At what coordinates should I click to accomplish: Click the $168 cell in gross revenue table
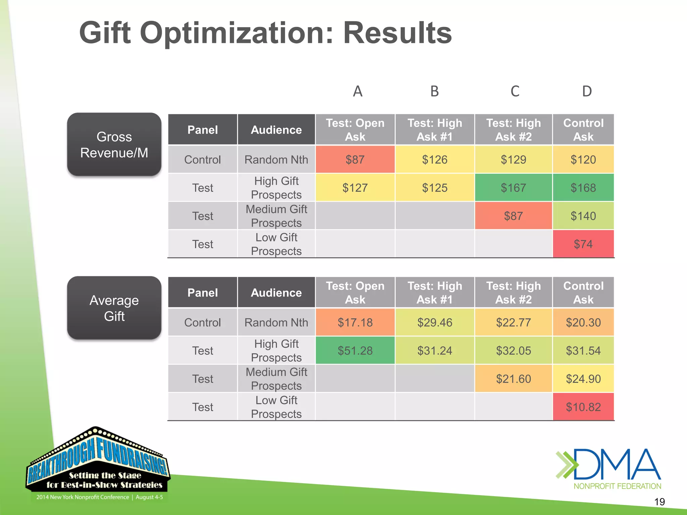[x=583, y=188]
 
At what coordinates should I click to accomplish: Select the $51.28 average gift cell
[x=355, y=351]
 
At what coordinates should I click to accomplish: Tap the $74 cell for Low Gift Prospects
[x=583, y=244]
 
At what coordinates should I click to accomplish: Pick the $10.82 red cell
[x=583, y=407]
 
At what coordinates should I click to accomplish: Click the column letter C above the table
[x=515, y=91]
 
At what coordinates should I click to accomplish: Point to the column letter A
[x=358, y=91]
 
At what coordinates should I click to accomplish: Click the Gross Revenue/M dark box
[x=114, y=145]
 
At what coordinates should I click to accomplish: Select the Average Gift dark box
[x=114, y=308]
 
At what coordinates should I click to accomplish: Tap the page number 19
[x=659, y=502]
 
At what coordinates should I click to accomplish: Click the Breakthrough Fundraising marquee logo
[x=98, y=464]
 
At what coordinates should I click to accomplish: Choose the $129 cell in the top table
[x=513, y=160]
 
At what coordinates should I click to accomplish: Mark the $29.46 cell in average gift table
[x=435, y=323]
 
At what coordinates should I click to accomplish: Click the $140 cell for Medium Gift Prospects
[x=583, y=216]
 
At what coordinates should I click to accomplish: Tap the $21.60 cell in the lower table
[x=513, y=379]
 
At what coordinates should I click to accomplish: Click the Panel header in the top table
[x=203, y=130]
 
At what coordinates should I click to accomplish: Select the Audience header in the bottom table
[x=276, y=293]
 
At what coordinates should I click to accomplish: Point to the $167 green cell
[x=513, y=188]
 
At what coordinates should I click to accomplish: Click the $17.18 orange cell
[x=355, y=323]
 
